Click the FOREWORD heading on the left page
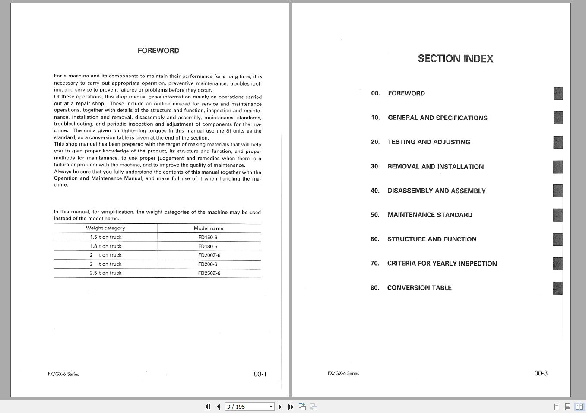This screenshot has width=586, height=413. tap(158, 51)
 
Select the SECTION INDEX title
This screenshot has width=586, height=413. tap(455, 59)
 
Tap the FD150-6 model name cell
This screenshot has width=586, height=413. tap(208, 237)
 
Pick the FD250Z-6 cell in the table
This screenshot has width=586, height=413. tap(209, 273)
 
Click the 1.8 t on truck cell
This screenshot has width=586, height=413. tap(106, 246)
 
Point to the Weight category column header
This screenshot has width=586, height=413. tap(105, 228)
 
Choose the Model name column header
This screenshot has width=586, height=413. tap(209, 228)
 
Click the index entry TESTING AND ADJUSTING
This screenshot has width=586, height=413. tap(429, 142)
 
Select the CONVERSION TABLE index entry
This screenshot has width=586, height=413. tap(419, 288)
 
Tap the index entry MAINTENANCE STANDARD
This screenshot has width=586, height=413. tap(430, 215)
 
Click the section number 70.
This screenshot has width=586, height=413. tap(375, 264)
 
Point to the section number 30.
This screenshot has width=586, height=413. tap(375, 167)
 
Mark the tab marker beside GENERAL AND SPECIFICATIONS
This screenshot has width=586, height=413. tap(558, 118)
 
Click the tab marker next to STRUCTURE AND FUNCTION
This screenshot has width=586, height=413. tap(557, 239)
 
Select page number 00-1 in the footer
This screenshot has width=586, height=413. tap(260, 374)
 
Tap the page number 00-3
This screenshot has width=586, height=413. tap(541, 373)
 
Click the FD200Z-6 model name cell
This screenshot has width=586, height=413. tap(209, 255)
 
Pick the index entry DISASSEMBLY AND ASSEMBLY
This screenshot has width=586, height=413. tap(436, 191)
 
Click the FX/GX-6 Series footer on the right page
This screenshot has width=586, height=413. tap(343, 373)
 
